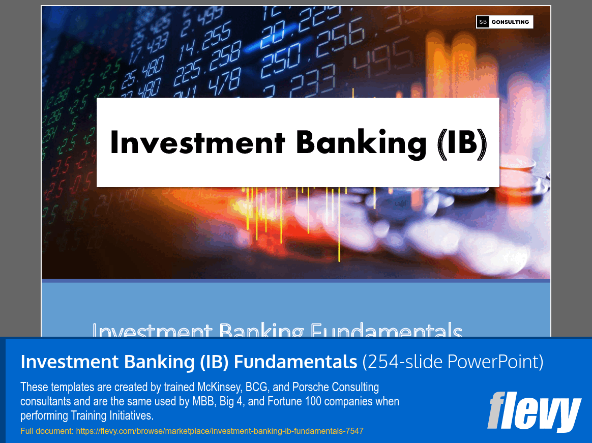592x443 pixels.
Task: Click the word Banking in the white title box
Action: point(362,142)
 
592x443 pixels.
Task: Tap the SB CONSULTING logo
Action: point(504,22)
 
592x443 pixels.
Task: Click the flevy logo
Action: point(534,411)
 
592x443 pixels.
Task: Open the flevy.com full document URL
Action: point(219,431)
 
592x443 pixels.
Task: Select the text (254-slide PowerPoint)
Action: point(453,362)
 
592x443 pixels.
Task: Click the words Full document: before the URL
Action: point(47,431)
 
